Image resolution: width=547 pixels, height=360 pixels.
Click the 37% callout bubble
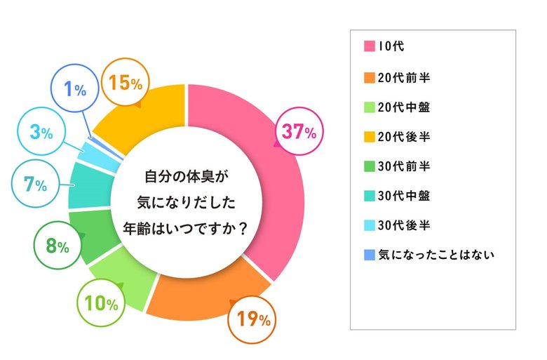(x=299, y=131)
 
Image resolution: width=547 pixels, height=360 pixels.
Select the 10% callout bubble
(x=100, y=303)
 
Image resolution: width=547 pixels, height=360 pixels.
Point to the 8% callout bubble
(x=57, y=246)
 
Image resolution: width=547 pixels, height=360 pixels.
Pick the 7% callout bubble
(x=35, y=185)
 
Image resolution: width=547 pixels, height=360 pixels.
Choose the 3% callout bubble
(x=42, y=131)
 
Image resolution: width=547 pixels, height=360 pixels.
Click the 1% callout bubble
(x=75, y=90)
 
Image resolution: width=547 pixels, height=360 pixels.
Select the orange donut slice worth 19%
(x=203, y=291)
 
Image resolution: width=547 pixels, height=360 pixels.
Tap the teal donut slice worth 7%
(x=86, y=186)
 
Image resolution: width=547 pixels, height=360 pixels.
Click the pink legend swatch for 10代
(x=368, y=48)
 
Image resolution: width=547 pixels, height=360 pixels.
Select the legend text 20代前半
(x=404, y=77)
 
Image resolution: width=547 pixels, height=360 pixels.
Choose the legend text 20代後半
(x=404, y=136)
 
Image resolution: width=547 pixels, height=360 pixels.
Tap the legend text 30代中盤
(x=404, y=195)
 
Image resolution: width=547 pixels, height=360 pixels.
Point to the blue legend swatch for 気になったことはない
(x=368, y=254)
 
